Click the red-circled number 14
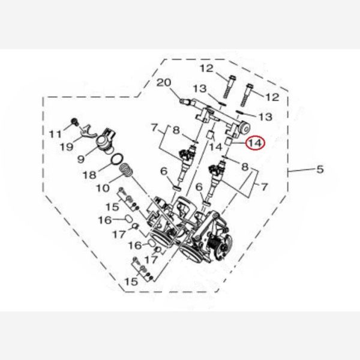(x=255, y=143)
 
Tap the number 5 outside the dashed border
(x=320, y=169)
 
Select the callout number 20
(x=164, y=83)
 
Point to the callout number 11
(x=56, y=134)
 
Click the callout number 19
(x=67, y=147)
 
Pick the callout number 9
(x=81, y=159)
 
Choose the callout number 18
(x=89, y=175)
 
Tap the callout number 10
(x=103, y=188)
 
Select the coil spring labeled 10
(x=126, y=170)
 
